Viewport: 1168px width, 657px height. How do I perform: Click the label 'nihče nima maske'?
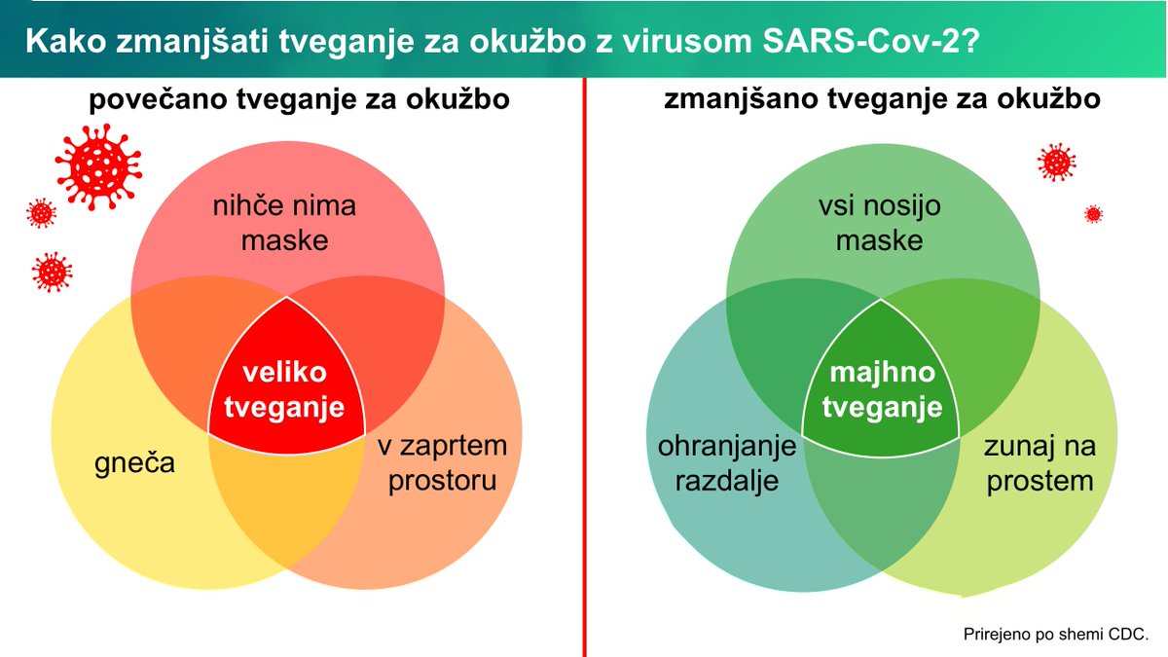pyautogui.click(x=284, y=223)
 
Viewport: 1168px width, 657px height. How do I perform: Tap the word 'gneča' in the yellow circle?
pyautogui.click(x=135, y=462)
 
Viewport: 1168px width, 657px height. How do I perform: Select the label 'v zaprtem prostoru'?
pyautogui.click(x=443, y=463)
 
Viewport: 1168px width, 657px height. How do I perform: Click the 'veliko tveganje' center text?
pyautogui.click(x=284, y=391)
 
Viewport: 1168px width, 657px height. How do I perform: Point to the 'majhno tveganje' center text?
pyautogui.click(x=882, y=391)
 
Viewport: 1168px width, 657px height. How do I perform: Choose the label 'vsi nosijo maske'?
pyautogui.click(x=879, y=223)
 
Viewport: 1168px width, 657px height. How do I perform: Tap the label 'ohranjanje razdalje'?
pyautogui.click(x=727, y=463)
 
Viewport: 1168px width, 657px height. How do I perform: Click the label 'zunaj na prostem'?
pyautogui.click(x=1040, y=463)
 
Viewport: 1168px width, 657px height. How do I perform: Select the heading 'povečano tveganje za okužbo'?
pyautogui.click(x=300, y=100)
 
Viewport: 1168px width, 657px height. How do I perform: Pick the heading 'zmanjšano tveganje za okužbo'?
pyautogui.click(x=883, y=100)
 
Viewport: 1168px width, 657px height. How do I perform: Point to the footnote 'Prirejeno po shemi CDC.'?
pyautogui.click(x=1056, y=633)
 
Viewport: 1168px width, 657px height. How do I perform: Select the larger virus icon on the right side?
pyautogui.click(x=1056, y=162)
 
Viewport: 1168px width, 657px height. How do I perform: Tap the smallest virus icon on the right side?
pyautogui.click(x=1093, y=214)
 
